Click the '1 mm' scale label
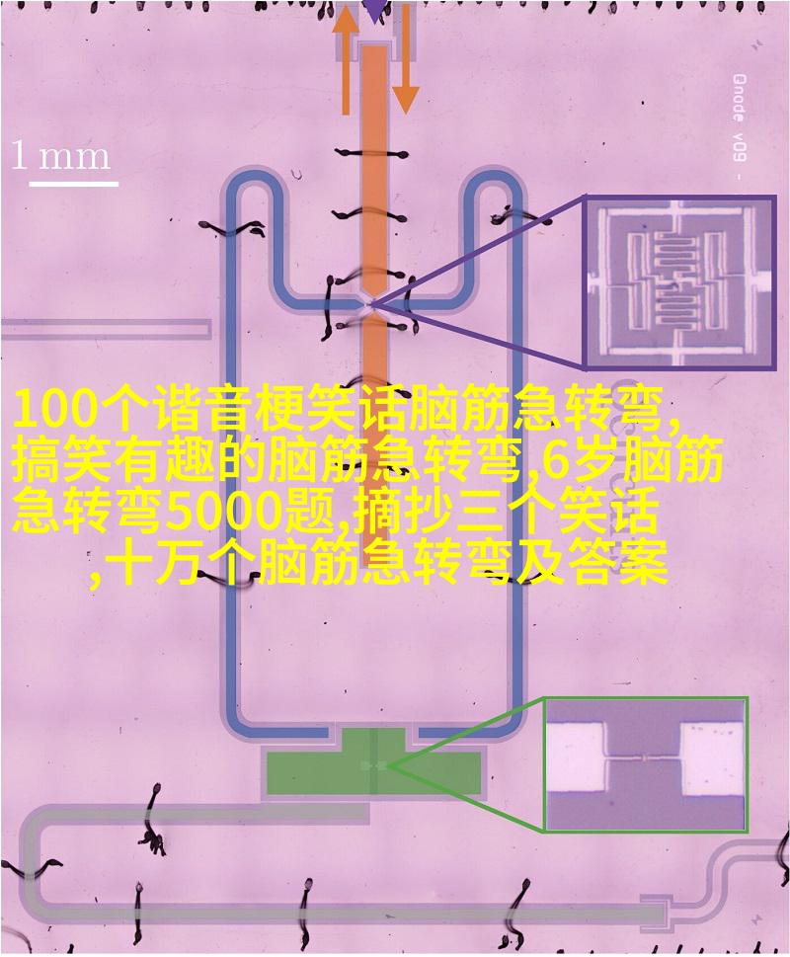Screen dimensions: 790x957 [x=61, y=156]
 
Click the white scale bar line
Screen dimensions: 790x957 [x=73, y=183]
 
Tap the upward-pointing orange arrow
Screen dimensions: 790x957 [x=346, y=61]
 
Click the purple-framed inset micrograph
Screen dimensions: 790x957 [x=679, y=283]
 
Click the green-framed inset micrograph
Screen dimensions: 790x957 [x=646, y=764]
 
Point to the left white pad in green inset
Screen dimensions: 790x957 [x=575, y=758]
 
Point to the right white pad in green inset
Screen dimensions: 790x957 [x=713, y=759]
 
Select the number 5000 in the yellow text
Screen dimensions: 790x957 [x=223, y=512]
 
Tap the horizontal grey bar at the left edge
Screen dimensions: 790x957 [x=106, y=329]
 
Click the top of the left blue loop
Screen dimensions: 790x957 [x=255, y=177]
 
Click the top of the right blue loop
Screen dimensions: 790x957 [x=493, y=177]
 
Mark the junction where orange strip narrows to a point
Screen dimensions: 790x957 [x=373, y=303]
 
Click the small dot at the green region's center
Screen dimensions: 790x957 [x=374, y=764]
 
